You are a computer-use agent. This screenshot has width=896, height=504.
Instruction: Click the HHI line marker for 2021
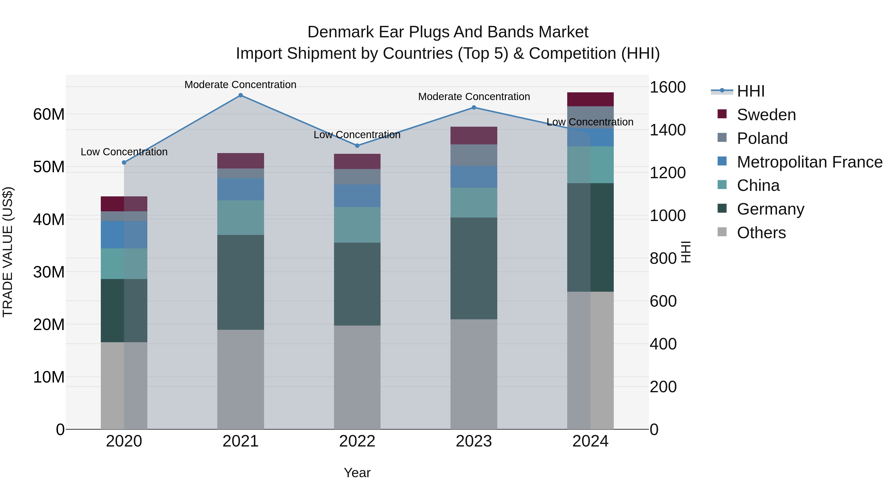pos(240,95)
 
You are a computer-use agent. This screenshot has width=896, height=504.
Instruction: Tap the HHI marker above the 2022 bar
pos(357,146)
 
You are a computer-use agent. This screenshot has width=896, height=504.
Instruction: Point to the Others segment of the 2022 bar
pos(357,377)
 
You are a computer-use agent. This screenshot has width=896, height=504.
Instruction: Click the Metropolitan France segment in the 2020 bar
pos(124,234)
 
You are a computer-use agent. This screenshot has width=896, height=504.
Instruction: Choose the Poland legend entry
pos(762,138)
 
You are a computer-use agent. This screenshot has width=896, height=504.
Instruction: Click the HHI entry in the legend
pos(750,91)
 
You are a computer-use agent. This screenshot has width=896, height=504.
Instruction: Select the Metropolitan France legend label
pos(809,162)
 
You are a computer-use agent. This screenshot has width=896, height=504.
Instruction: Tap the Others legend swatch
pos(722,232)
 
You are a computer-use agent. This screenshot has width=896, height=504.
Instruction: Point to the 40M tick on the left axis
pos(49,220)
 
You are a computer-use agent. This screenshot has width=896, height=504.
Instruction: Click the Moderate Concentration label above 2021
pos(240,85)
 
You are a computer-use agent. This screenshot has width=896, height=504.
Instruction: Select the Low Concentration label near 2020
pos(124,152)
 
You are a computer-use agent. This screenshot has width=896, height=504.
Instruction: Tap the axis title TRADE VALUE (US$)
pos(8,252)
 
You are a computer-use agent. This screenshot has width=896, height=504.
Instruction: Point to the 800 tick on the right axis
pos(663,258)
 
